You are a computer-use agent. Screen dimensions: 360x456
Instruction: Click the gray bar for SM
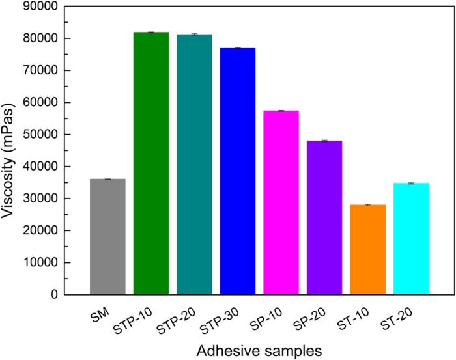pyautogui.click(x=107, y=237)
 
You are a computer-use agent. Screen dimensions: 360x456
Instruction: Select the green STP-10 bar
pyautogui.click(x=151, y=163)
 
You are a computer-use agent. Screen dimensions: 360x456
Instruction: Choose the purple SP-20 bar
pyautogui.click(x=324, y=217)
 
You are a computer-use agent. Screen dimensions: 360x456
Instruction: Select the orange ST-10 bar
pyautogui.click(x=367, y=250)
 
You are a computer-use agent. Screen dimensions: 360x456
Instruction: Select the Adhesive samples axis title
pyautogui.click(x=259, y=350)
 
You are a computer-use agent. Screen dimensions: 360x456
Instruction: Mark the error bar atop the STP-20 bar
pyautogui.click(x=194, y=35)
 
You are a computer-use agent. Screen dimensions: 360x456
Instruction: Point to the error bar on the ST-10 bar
pyautogui.click(x=367, y=205)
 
